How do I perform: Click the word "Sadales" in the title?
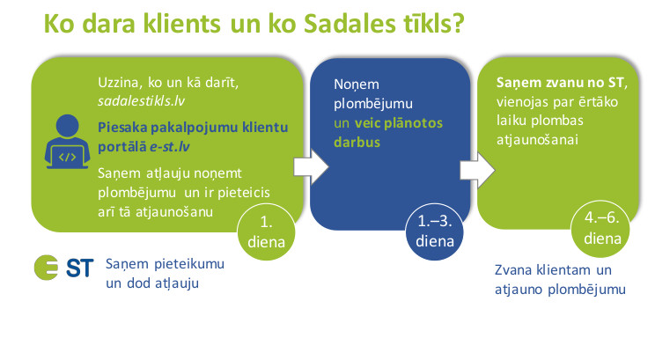pyautogui.click(x=350, y=24)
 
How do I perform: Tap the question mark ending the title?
pyautogui.click(x=459, y=24)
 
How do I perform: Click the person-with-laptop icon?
pyautogui.click(x=67, y=142)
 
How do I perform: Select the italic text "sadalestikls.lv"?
pyautogui.click(x=141, y=101)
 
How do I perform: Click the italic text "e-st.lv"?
pyautogui.click(x=170, y=147)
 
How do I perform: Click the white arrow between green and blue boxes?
pyautogui.click(x=311, y=167)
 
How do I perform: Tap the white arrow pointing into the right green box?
pyautogui.click(x=477, y=171)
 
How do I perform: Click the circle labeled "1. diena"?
pyautogui.click(x=266, y=232)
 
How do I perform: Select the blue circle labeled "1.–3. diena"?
pyautogui.click(x=434, y=231)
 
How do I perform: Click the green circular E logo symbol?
pyautogui.click(x=47, y=268)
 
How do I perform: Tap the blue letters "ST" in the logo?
pyautogui.click(x=80, y=268)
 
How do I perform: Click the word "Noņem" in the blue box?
pyautogui.click(x=357, y=84)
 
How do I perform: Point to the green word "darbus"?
pyautogui.click(x=357, y=142)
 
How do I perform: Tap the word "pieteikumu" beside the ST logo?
pyautogui.click(x=189, y=264)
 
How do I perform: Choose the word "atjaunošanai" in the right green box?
pyautogui.click(x=537, y=140)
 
